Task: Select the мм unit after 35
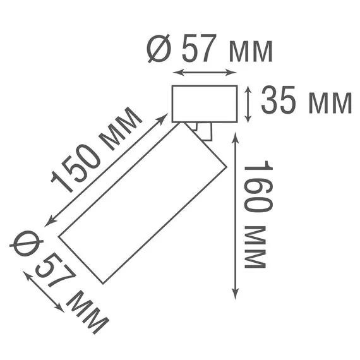(x=328, y=104)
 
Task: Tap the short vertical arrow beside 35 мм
(x=248, y=104)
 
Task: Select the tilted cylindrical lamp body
(x=142, y=202)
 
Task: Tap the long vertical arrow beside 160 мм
(x=235, y=215)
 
